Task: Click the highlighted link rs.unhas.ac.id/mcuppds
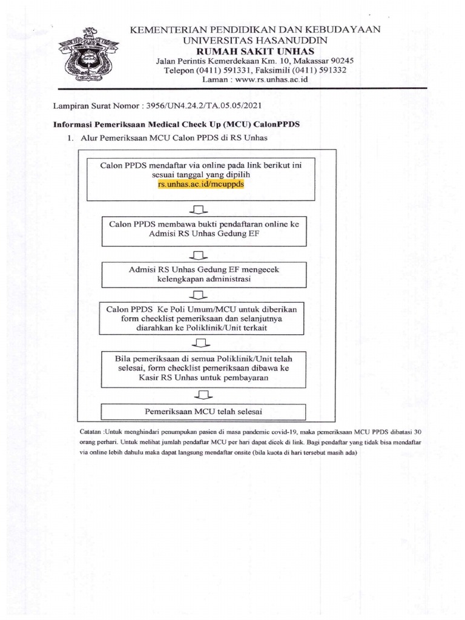(200, 183)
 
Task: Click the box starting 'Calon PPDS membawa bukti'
(203, 231)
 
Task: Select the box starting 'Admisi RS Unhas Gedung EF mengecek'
(203, 274)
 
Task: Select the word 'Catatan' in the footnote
(91, 432)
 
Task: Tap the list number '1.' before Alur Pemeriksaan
(70, 138)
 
